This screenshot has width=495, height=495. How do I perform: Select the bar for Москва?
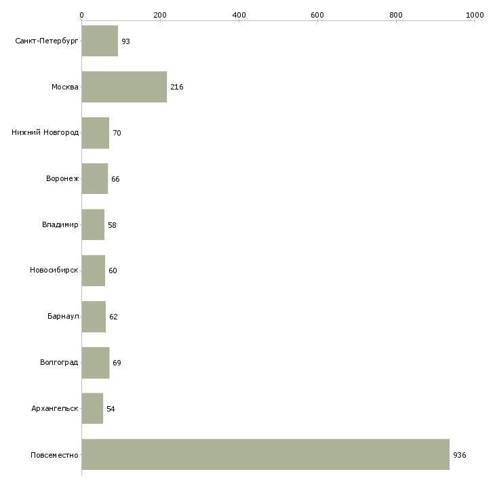coord(124,87)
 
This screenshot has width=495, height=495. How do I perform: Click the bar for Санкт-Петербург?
coord(100,41)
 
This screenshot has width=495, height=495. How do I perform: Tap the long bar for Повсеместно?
coord(266,454)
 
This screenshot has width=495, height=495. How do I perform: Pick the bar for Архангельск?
coord(92,408)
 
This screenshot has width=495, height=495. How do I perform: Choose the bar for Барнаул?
coord(94,317)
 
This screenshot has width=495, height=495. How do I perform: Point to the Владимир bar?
coord(93,224)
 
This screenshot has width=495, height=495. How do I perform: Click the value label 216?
coord(177,87)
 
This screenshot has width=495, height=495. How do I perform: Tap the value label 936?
coord(460,455)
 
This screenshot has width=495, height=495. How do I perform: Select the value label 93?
coord(125,41)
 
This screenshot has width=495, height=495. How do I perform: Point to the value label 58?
coord(112,225)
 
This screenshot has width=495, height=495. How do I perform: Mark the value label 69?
coord(117,363)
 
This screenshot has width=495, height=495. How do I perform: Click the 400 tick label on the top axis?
coord(239,15)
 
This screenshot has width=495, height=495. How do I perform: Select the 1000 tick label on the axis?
coord(475,15)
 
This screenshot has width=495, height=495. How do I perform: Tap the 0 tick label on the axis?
coord(82,15)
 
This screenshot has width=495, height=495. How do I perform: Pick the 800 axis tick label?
coord(396,15)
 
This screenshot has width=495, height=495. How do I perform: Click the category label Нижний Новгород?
coord(45,132)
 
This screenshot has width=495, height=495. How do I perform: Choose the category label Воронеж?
coord(62,178)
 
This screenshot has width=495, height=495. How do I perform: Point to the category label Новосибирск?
coord(54,271)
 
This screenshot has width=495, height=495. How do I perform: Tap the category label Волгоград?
coord(59,362)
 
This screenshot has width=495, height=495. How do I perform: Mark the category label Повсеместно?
coord(54,455)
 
